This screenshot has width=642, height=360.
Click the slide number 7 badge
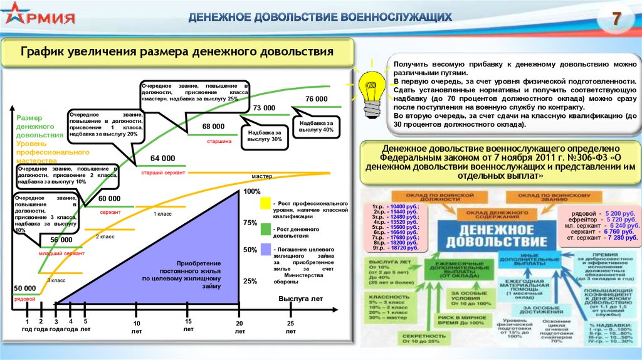[x=616, y=19]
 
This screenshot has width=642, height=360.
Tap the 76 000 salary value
[x=317, y=99]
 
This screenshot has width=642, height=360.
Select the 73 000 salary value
[x=265, y=108]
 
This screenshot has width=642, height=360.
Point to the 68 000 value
[x=213, y=126]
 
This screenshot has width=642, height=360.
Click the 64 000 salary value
[x=163, y=158]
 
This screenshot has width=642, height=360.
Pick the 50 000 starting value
[x=25, y=288]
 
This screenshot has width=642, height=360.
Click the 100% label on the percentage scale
[x=251, y=191]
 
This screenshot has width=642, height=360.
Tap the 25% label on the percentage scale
[x=250, y=281]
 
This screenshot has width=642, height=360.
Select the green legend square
[x=266, y=228]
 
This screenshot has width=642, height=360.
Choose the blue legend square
[x=266, y=251]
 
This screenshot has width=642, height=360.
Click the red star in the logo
[x=13, y=18]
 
